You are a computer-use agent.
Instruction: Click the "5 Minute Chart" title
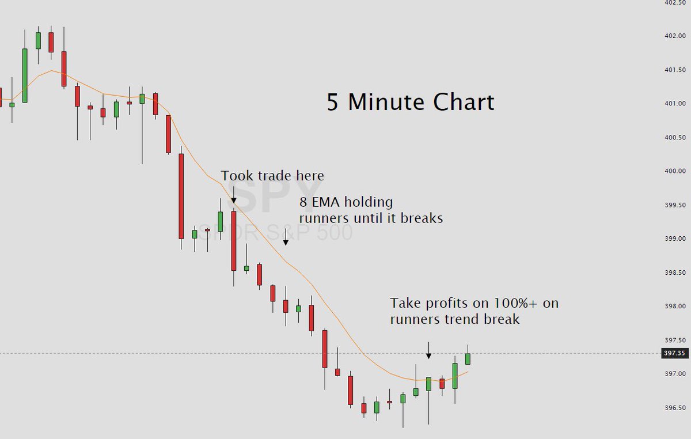410,103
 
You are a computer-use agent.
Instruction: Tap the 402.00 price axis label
675,36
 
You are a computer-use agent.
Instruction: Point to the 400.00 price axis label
675,172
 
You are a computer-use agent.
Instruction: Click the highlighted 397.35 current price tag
675,353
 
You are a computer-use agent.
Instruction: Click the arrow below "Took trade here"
234,195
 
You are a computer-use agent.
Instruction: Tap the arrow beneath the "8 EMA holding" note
285,237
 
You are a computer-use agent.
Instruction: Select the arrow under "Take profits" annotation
428,350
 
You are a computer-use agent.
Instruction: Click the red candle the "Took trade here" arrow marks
234,240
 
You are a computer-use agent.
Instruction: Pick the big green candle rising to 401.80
25,75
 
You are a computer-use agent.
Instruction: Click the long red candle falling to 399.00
181,196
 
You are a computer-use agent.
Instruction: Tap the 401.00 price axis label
675,104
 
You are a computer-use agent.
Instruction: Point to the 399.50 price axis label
675,205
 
